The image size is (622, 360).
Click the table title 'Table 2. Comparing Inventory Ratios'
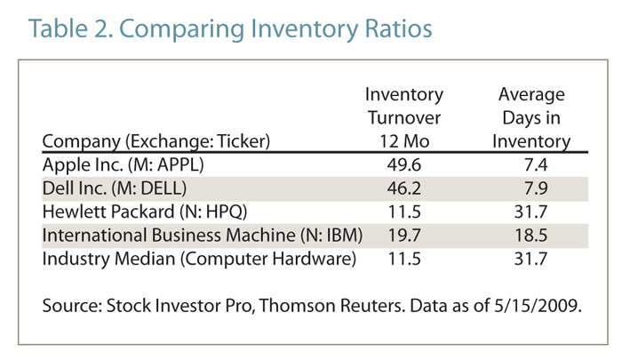click(230, 28)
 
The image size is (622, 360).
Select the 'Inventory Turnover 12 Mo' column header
click(403, 117)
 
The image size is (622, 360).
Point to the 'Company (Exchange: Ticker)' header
click(155, 140)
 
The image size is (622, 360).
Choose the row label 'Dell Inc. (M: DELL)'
click(115, 189)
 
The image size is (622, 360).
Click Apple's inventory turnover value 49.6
click(403, 165)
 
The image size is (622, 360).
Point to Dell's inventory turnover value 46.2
click(403, 189)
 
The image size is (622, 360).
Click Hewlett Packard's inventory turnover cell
click(403, 212)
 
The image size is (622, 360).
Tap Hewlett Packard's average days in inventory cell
click(534, 212)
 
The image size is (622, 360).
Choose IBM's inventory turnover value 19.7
click(403, 236)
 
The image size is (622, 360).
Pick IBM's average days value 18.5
click(534, 236)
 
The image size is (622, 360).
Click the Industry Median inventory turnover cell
click(403, 260)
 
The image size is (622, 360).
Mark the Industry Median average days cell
click(534, 260)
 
